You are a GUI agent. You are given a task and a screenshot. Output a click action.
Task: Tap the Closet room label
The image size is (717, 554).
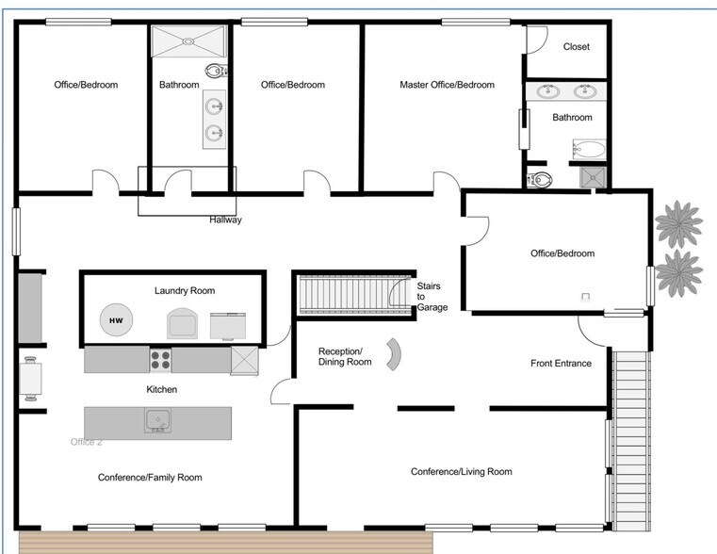click(x=576, y=47)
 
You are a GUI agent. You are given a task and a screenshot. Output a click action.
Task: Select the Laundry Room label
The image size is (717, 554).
click(x=185, y=291)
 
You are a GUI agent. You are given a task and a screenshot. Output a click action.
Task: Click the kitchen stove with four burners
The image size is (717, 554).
click(x=160, y=360)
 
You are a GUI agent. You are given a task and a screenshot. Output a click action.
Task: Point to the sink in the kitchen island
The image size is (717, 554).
click(x=156, y=420)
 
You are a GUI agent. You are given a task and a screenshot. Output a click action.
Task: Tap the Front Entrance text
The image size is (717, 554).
click(x=561, y=363)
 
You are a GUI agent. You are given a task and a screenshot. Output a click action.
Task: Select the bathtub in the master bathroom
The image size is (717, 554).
click(x=590, y=149)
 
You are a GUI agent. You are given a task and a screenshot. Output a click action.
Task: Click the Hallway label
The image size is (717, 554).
click(x=226, y=220)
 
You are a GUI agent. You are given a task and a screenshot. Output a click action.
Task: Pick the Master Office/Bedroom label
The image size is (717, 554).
click(x=447, y=85)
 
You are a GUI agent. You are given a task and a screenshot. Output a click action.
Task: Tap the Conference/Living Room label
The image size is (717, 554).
click(x=462, y=471)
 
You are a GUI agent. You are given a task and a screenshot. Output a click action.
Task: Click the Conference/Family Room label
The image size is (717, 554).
click(x=150, y=478)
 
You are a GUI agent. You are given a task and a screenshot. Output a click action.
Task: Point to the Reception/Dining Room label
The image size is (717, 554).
click(x=344, y=355)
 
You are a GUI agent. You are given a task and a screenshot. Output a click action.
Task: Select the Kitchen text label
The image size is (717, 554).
click(x=161, y=389)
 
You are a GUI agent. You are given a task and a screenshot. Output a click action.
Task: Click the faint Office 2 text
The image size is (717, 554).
click(x=87, y=441)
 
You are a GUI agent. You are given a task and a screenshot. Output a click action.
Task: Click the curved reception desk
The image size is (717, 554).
click(x=396, y=354)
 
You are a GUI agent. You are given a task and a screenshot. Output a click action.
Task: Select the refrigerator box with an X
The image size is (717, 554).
click(x=244, y=361)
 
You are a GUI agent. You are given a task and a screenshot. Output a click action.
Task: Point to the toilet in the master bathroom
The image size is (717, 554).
click(x=538, y=179)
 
